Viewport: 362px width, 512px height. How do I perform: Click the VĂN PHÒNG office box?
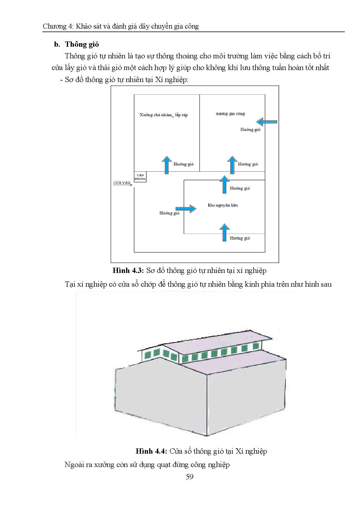coord(140,177)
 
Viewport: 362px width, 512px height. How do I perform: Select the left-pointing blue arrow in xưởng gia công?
coord(267,122)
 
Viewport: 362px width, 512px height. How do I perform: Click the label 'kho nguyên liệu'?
coord(223,205)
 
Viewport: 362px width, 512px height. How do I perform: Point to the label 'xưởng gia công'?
coord(230,114)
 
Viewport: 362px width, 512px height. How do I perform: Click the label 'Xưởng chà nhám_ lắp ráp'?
coord(163,115)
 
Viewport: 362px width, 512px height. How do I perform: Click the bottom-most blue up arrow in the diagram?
coord(224,232)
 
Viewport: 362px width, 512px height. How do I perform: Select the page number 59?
coord(189,477)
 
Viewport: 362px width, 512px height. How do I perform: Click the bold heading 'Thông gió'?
coord(82,44)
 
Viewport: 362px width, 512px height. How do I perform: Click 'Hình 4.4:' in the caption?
coord(151,451)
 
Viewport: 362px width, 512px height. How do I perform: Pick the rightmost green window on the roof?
coord(256,346)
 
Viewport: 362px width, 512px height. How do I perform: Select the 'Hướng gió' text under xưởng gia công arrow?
coord(250,130)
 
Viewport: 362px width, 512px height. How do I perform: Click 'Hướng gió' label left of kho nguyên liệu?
coord(169,213)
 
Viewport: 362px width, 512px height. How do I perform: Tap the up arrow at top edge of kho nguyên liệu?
coord(224,184)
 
